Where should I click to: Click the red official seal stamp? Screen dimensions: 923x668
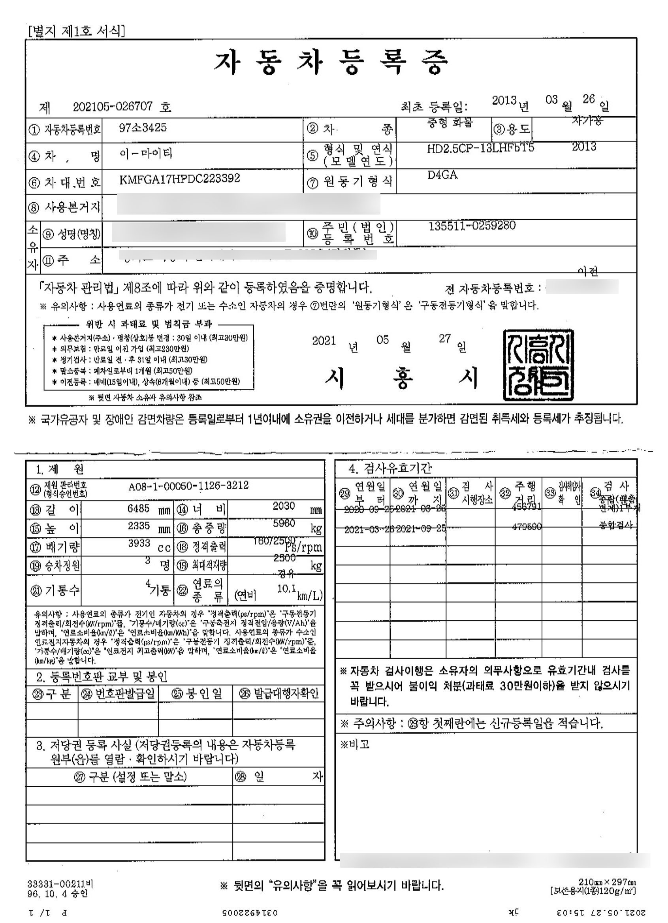click(538, 364)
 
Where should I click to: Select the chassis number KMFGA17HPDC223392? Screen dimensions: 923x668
click(179, 178)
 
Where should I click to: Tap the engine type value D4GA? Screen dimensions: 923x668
click(442, 175)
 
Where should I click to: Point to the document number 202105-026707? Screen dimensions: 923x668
click(113, 107)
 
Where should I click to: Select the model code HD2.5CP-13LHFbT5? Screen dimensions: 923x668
click(480, 148)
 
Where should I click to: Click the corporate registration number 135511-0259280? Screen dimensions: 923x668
click(472, 226)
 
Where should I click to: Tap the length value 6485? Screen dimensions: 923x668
click(139, 508)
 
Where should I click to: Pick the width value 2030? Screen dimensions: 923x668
click(284, 506)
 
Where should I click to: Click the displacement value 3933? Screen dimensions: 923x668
click(139, 543)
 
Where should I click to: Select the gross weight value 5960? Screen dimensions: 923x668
click(284, 524)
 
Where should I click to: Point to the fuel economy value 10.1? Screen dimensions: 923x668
click(286, 588)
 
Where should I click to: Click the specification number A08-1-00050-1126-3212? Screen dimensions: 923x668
click(188, 486)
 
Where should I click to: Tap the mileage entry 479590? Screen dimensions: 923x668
click(527, 527)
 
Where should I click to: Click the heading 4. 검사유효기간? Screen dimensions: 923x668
click(390, 469)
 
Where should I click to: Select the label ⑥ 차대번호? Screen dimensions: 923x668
click(64, 183)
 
